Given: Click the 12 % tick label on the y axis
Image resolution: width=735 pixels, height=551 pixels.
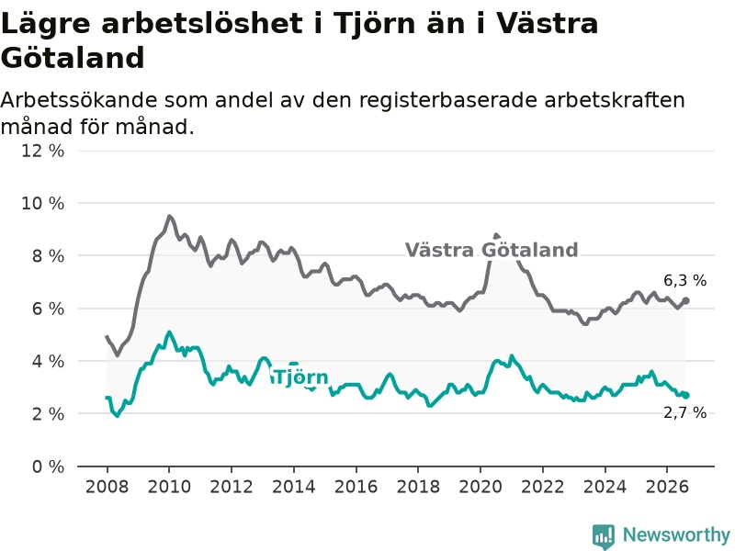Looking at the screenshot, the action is [42, 151].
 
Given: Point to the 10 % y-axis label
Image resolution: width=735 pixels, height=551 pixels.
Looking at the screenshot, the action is [42, 203].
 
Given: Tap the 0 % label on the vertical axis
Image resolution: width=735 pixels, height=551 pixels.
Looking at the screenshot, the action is [48, 467].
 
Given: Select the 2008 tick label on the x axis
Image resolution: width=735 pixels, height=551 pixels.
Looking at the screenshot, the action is [107, 487].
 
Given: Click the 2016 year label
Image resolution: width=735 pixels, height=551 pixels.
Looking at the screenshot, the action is [356, 487].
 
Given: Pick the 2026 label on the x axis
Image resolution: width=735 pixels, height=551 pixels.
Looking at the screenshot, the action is [667, 487].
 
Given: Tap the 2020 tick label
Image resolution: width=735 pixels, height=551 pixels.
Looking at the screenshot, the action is [481, 487].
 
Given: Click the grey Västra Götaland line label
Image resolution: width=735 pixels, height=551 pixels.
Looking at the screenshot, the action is [492, 250].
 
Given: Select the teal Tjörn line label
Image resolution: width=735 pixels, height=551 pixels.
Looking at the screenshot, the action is [301, 377].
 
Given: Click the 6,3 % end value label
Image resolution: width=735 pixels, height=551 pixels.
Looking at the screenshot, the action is [684, 281].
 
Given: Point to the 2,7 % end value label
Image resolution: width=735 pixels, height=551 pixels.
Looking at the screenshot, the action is [684, 412].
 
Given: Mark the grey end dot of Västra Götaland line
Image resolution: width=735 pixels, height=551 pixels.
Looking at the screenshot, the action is [685, 300].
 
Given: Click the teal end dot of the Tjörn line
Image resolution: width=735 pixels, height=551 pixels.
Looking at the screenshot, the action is [685, 396].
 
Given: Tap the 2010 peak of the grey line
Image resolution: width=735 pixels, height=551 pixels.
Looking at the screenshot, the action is [169, 217].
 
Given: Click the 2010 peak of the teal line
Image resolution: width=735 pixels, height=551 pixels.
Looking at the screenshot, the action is [169, 332].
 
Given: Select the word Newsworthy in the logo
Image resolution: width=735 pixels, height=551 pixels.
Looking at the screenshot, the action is [676, 534].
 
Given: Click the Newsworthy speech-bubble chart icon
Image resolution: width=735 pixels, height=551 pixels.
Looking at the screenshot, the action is [604, 536].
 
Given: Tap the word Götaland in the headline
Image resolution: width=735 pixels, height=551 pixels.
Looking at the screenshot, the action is [73, 58].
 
